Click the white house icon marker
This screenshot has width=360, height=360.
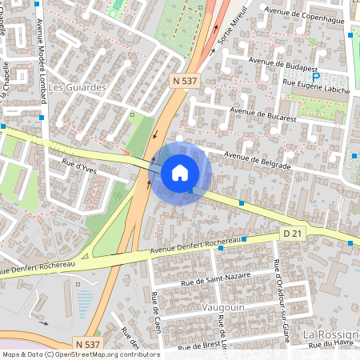180,172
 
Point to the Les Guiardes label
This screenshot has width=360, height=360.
78,86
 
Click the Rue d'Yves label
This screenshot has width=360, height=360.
79,168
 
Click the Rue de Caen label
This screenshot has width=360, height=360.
156,312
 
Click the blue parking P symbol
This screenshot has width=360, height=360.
317,77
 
